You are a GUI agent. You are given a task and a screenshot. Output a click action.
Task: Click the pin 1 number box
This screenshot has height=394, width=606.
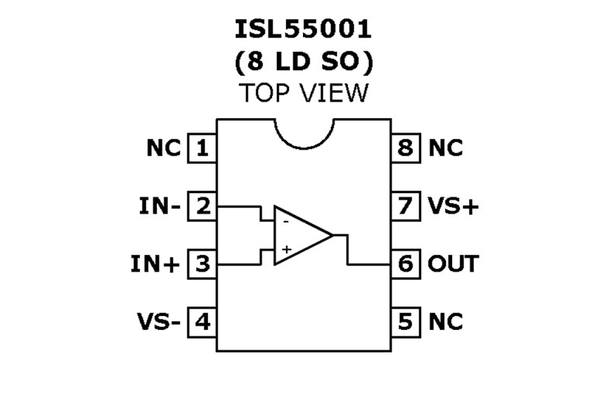202,149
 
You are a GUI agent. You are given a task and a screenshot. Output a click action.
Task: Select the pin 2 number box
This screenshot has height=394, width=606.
202,207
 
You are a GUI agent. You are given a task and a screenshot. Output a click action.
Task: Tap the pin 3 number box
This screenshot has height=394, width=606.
202,264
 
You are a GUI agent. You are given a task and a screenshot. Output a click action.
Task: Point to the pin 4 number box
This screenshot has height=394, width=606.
202,322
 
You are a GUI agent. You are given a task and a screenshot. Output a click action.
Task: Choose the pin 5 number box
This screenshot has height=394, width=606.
405,322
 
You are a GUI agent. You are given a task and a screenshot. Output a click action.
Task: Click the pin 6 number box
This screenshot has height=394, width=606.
405,264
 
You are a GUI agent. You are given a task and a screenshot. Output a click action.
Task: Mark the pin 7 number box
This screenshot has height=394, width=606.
405,207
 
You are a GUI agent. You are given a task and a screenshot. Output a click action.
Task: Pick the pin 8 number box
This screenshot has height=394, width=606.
405,149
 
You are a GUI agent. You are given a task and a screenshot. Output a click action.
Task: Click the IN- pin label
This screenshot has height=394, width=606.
160,207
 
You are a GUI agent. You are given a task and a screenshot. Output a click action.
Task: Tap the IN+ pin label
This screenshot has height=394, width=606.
155,265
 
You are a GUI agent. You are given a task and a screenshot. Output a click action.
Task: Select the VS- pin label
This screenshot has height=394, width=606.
158,322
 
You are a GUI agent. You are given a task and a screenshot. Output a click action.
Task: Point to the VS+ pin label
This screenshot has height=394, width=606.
453,207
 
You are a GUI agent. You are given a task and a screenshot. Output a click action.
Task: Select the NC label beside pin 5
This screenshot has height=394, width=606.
445,322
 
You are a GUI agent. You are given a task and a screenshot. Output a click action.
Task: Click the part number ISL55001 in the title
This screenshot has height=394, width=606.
303,30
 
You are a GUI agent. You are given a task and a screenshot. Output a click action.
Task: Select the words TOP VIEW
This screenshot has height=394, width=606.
304,93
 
